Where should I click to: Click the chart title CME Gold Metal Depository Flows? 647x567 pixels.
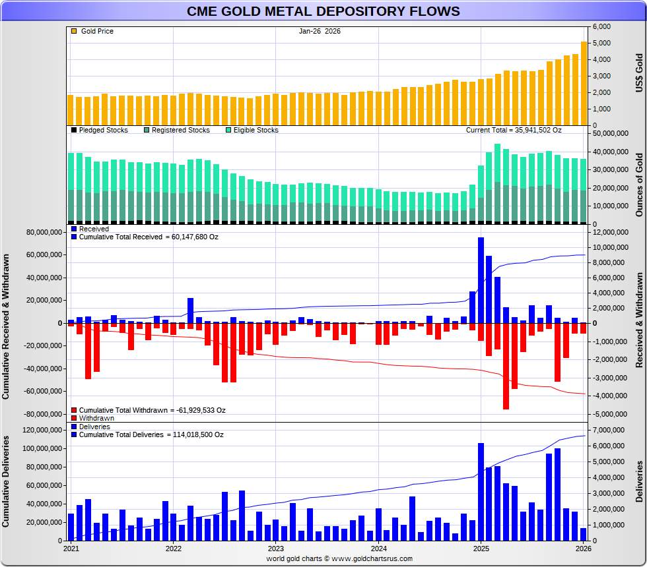point(323,11)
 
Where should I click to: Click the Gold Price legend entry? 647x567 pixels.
point(96,31)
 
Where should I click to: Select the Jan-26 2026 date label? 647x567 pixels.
point(320,31)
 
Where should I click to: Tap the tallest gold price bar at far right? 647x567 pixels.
point(584,83)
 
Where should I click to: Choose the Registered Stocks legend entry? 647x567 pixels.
point(180,130)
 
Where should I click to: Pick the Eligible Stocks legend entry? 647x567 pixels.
point(255,130)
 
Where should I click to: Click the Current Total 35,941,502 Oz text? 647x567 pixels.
point(514,130)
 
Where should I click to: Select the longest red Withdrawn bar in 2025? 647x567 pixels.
point(506,366)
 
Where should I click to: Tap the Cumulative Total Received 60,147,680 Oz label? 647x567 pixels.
point(149,237)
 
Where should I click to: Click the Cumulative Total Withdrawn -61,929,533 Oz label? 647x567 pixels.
point(152,410)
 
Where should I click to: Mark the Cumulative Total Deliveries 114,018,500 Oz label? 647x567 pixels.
point(151,435)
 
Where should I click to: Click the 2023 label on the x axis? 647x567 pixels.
point(275,548)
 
